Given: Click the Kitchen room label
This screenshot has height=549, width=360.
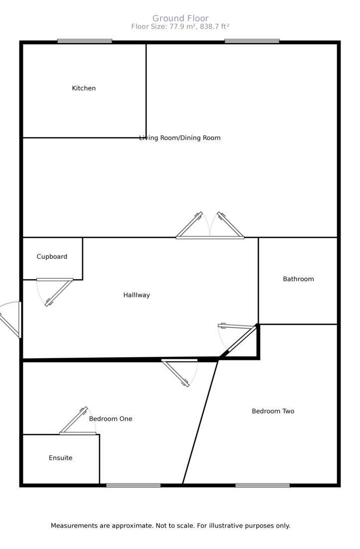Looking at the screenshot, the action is tap(84, 88).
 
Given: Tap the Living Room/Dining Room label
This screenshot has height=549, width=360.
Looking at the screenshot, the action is tap(180, 138).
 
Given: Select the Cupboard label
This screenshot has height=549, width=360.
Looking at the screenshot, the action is tap(52, 257).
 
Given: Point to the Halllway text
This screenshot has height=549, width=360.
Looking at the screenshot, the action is tap(136, 295).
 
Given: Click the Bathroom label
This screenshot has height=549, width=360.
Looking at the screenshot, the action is tap(298, 279).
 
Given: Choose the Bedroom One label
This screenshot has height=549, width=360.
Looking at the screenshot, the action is tap(111, 419).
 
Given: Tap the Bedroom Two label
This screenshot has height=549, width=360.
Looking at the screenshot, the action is tap(273, 411).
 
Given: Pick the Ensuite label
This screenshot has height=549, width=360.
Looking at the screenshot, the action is tap(60, 458).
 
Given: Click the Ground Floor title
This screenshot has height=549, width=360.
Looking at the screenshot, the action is tap(180, 18).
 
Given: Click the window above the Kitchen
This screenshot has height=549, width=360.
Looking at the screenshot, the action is tap(85, 41).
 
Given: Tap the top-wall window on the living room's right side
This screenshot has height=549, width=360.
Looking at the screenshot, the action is tap(252, 41).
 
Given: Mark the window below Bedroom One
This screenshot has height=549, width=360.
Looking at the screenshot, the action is tap(133, 485).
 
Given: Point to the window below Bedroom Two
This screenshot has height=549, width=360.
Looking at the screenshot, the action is tap(262, 485).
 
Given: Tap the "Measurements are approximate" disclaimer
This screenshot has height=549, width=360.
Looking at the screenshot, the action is tap(170, 526).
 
